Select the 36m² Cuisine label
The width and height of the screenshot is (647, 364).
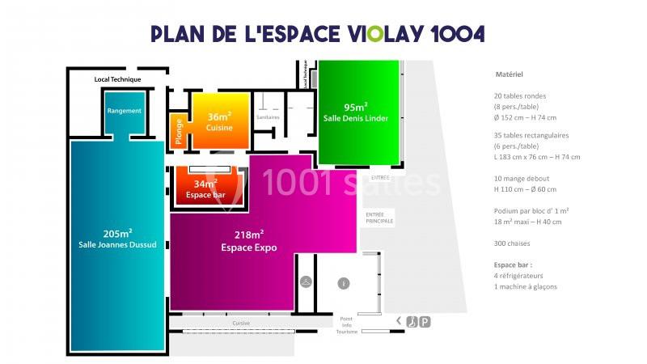pos(219,122)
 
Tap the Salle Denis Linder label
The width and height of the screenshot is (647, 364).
pos(356,113)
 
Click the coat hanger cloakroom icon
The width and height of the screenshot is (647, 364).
pos(307,281)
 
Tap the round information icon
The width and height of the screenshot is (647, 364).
pos(343,283)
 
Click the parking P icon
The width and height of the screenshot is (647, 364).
pos(425,321)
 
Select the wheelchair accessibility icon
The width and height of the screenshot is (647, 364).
pos(411,321)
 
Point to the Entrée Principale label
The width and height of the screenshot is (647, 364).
pos(379,217)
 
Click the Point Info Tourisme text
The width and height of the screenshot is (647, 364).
pos(347,325)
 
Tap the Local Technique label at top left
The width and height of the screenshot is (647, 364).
pos(118,79)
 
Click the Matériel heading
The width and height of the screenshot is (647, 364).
pos(510,74)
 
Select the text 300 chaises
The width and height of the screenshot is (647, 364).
pos(511,243)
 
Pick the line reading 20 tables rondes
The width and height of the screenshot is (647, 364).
pos(519,95)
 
